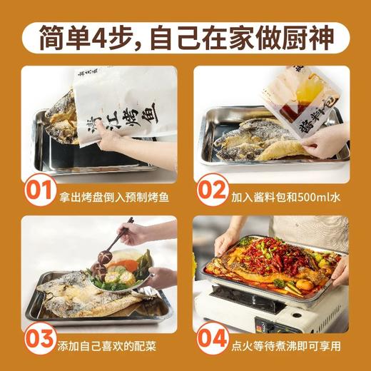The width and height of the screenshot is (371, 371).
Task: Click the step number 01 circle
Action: click(x=40, y=190)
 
